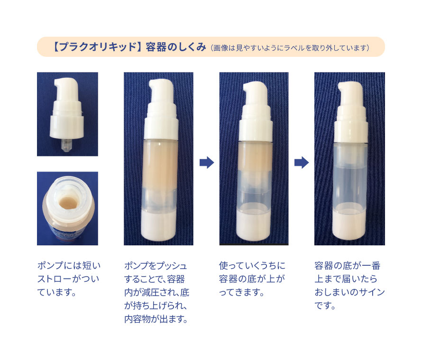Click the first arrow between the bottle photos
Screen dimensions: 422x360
[207, 162]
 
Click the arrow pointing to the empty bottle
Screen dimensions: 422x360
[302, 162]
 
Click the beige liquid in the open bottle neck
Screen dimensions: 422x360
[68, 203]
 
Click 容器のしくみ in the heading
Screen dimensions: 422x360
[176, 47]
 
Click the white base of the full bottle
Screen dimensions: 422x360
[158, 226]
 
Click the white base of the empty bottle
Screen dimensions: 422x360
[349, 225]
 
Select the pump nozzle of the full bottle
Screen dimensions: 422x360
[160, 90]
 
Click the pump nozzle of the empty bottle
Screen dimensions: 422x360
[350, 93]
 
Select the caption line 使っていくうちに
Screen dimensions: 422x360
[252, 266]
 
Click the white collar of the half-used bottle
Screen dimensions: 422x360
[256, 130]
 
